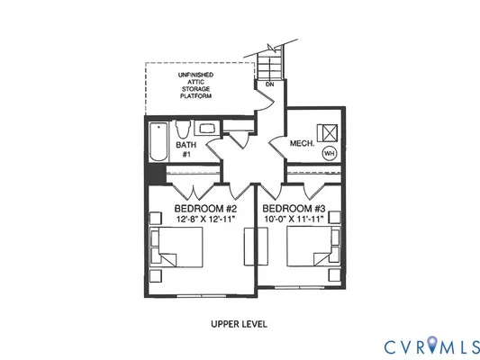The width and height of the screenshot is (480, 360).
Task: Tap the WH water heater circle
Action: click(x=329, y=153)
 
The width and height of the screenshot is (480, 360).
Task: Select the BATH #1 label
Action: click(x=186, y=149)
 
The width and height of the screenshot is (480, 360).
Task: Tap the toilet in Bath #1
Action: click(x=181, y=128)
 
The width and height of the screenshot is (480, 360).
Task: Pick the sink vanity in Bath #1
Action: click(x=205, y=128)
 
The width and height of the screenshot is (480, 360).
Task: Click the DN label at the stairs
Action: click(x=268, y=85)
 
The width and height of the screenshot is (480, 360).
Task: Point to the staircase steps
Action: click(x=268, y=63)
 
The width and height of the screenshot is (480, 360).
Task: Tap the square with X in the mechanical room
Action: click(x=329, y=129)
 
